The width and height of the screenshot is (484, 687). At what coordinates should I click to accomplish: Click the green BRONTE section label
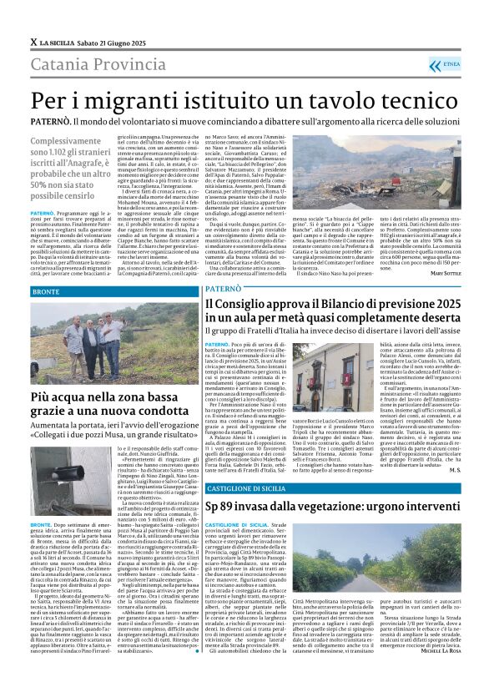click(x=47, y=293)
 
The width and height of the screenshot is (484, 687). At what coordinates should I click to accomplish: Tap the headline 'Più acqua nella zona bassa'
click(x=98, y=398)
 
